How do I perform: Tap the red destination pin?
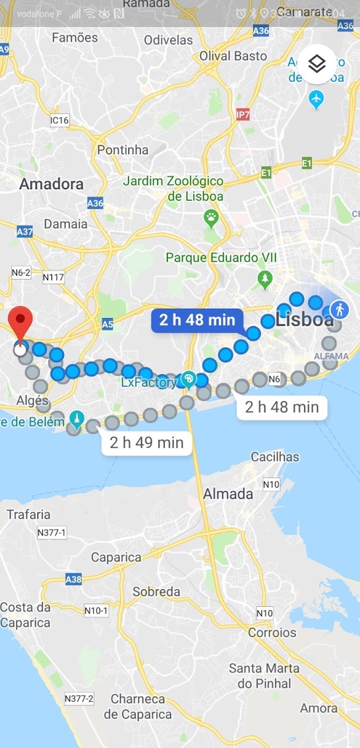[22, 323]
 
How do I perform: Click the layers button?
[317, 64]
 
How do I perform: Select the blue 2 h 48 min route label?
[197, 321]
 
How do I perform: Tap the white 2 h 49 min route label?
[146, 442]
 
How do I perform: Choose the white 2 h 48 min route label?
[282, 407]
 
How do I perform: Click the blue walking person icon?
[340, 309]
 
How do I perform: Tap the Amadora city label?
[51, 184]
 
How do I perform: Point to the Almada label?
[228, 493]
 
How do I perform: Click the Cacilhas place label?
[275, 456]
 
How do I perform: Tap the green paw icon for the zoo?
[211, 218]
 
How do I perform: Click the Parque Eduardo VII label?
[209, 257]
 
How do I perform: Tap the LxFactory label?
[148, 382]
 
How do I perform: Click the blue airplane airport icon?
[316, 100]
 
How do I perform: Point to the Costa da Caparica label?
[25, 615]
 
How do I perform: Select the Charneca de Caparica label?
[141, 706]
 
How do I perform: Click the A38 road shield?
[74, 580]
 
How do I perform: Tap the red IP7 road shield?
[243, 115]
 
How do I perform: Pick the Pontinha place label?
[123, 150]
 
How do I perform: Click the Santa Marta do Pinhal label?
[264, 675]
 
